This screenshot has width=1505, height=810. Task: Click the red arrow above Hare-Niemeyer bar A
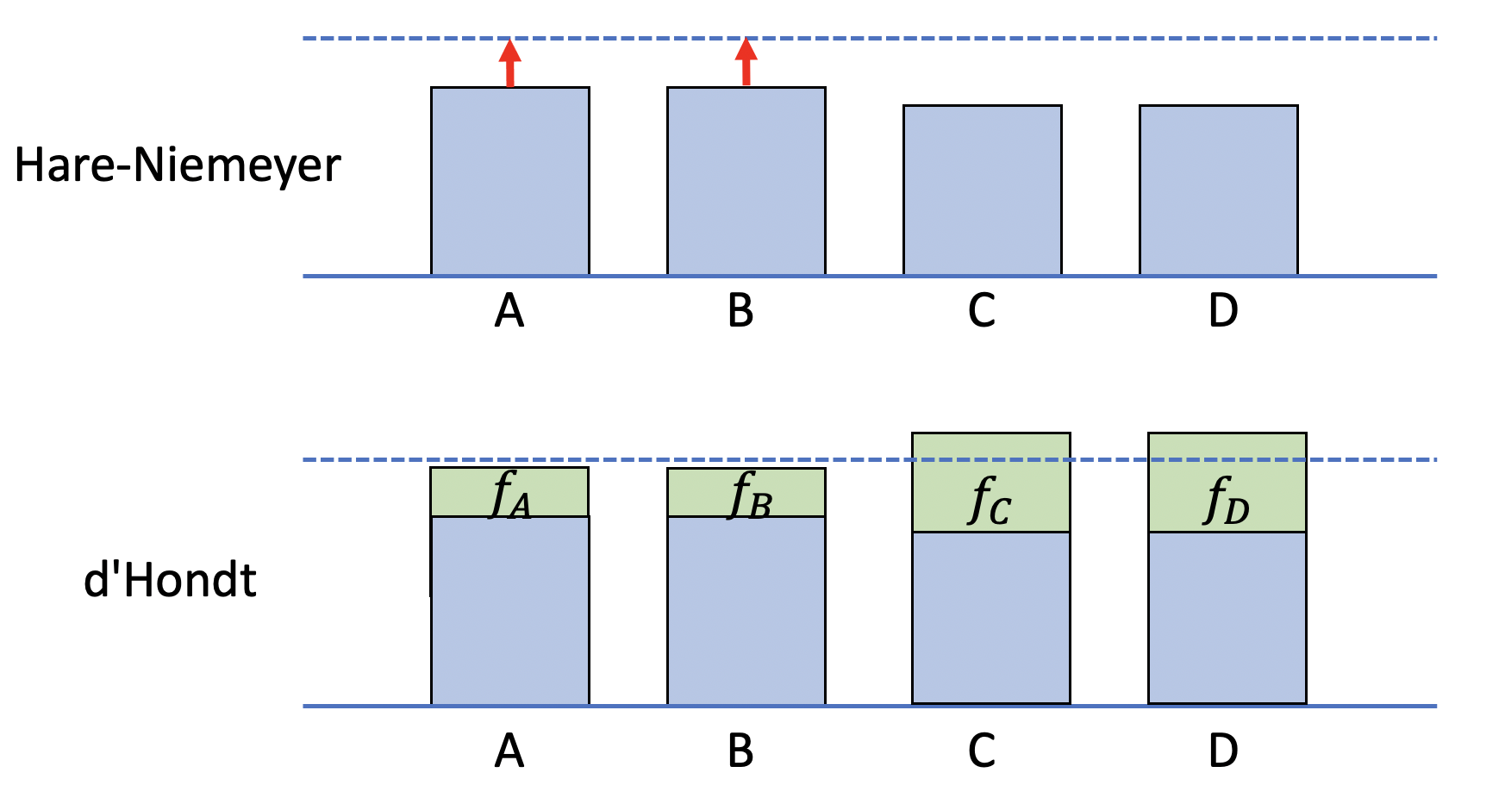coord(510,63)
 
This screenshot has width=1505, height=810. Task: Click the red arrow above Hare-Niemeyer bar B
coord(746,63)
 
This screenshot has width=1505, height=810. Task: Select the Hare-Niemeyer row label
coord(178,165)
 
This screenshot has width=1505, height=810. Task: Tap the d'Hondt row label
coord(170,580)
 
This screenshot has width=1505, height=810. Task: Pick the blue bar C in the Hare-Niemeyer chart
coord(983,190)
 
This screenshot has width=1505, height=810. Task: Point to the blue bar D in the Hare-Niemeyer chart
coord(1219,190)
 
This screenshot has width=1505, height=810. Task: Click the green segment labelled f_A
coord(509,492)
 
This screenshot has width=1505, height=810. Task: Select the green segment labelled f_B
coord(746,492)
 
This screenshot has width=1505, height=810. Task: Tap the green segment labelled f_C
coord(991,483)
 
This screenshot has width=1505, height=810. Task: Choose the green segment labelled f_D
coord(1227,483)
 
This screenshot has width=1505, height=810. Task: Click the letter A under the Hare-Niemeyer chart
coord(509,311)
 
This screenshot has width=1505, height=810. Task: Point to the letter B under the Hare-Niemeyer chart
coord(740,311)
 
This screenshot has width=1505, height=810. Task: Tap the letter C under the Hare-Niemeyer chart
coord(982,311)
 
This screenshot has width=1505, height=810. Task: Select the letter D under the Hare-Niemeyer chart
coord(1223,311)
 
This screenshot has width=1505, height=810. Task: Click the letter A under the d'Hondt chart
coord(509,751)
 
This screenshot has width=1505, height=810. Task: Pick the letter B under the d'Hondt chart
coord(740,751)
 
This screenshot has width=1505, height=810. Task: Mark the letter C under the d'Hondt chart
coord(982,751)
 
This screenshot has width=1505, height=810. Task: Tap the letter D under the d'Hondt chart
coord(1223,751)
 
